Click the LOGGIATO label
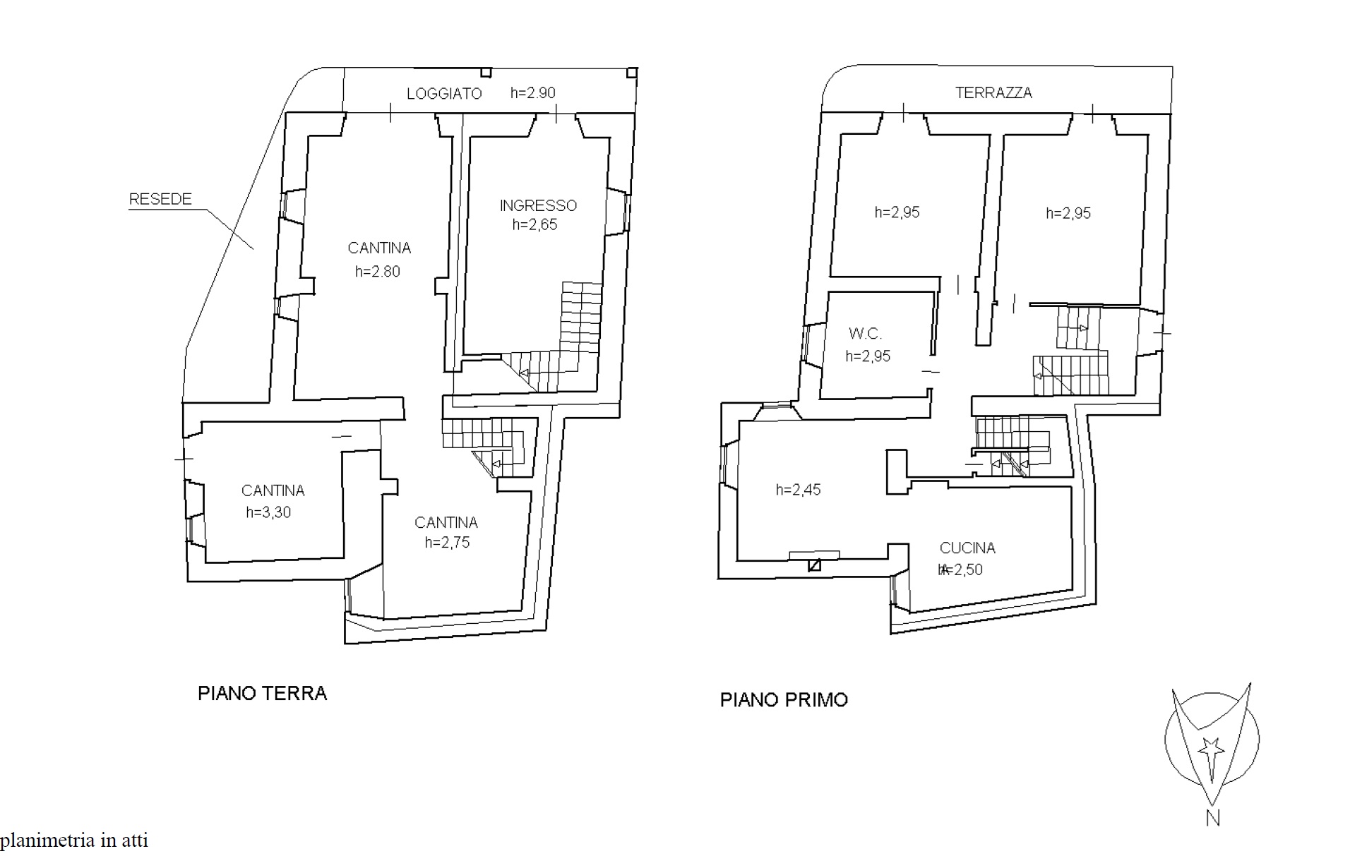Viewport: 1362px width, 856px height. [444, 94]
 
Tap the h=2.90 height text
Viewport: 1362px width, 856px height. [533, 93]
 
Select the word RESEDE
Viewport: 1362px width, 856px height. [160, 199]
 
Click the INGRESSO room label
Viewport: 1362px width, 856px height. [538, 205]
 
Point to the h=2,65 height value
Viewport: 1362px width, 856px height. [534, 224]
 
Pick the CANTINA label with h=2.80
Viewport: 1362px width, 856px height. [379, 248]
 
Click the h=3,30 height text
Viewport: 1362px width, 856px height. [268, 512]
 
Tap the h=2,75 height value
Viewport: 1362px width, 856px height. [447, 542]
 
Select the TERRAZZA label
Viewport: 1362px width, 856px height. [993, 92]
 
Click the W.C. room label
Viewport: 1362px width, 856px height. [865, 334]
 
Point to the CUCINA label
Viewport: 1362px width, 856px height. [967, 548]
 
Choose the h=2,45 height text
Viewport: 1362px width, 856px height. [798, 490]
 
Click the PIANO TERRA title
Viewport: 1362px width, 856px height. [262, 693]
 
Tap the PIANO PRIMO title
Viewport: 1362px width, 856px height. [784, 700]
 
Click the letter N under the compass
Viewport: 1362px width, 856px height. [1213, 818]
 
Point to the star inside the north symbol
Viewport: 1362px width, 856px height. [1212, 747]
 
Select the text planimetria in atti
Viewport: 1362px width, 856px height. [74, 840]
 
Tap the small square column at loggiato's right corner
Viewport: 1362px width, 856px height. [633, 72]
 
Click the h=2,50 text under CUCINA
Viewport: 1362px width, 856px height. [960, 569]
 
